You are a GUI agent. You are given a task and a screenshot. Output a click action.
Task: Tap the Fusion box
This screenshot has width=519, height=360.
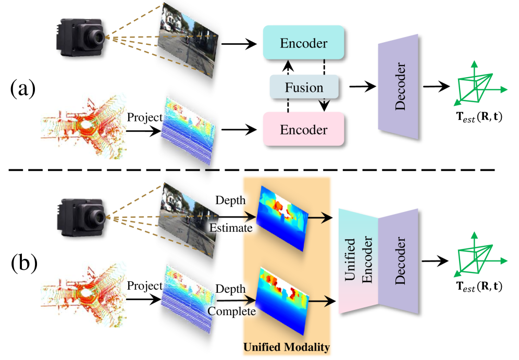tap(304, 88)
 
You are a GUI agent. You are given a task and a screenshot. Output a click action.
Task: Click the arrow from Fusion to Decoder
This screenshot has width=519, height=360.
tap(362, 88)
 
